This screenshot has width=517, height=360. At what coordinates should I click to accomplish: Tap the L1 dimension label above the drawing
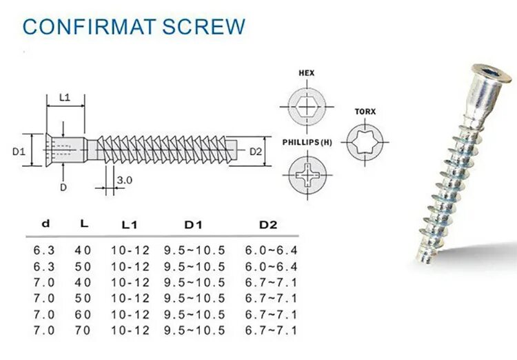pos(65,97)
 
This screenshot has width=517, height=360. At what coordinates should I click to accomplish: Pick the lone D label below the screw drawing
pos(63,187)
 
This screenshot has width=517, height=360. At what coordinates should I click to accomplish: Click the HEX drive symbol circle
pos(306,107)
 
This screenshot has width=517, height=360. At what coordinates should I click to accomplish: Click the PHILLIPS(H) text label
pos(307,142)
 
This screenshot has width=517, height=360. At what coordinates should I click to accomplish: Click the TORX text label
pos(365,111)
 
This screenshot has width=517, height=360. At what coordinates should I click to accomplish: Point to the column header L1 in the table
pos(130,225)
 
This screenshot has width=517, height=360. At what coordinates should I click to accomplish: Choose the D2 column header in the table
pos(267,225)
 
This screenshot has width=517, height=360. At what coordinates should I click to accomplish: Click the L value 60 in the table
pos(83,314)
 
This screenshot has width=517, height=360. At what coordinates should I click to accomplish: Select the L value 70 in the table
pos(83,330)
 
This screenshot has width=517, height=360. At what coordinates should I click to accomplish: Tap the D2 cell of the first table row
pos(271,250)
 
